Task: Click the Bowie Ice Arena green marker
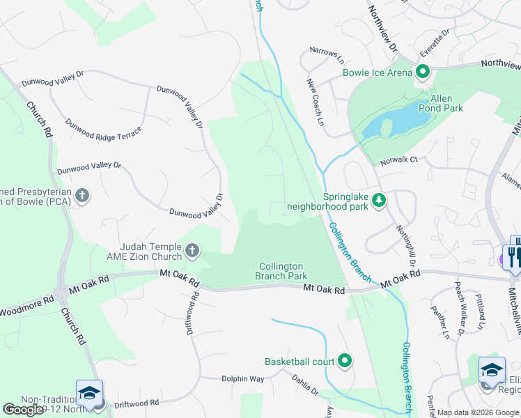422,71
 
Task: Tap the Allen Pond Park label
440,102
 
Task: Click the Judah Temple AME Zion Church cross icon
192,249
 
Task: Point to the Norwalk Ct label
398,160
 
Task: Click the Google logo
24,409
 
